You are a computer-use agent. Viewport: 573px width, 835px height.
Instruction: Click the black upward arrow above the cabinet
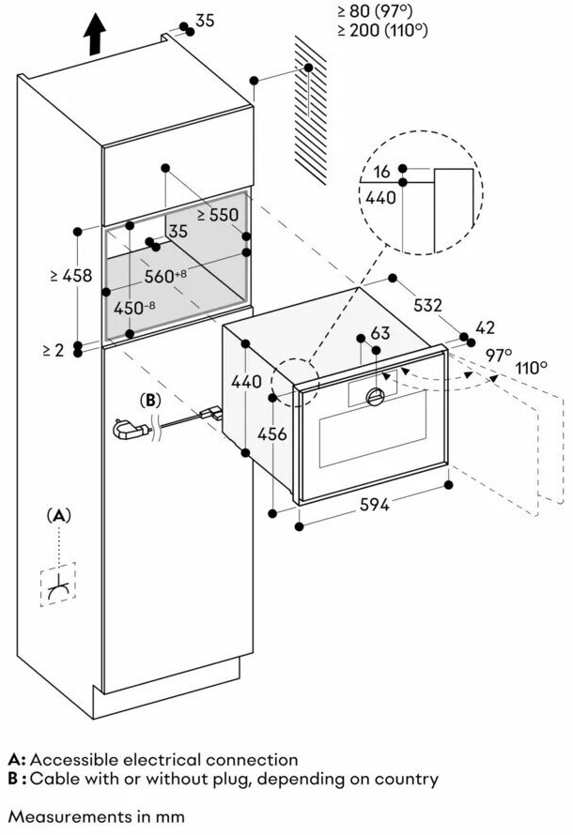coord(94,38)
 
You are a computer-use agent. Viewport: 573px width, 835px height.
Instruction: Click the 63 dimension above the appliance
coord(379,333)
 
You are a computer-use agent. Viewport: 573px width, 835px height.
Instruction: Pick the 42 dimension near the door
coord(485,328)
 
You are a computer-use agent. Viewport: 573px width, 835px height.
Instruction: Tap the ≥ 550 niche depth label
coord(217,214)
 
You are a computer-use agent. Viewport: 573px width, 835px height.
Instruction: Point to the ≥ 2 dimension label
coord(54,350)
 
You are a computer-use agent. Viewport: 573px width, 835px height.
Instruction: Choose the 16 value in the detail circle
coord(381,172)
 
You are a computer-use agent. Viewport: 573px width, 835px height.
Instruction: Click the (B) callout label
coord(150,400)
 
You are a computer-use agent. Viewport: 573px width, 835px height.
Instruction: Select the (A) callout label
coord(59,515)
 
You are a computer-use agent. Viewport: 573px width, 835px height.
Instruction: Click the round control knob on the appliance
coord(374,396)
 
